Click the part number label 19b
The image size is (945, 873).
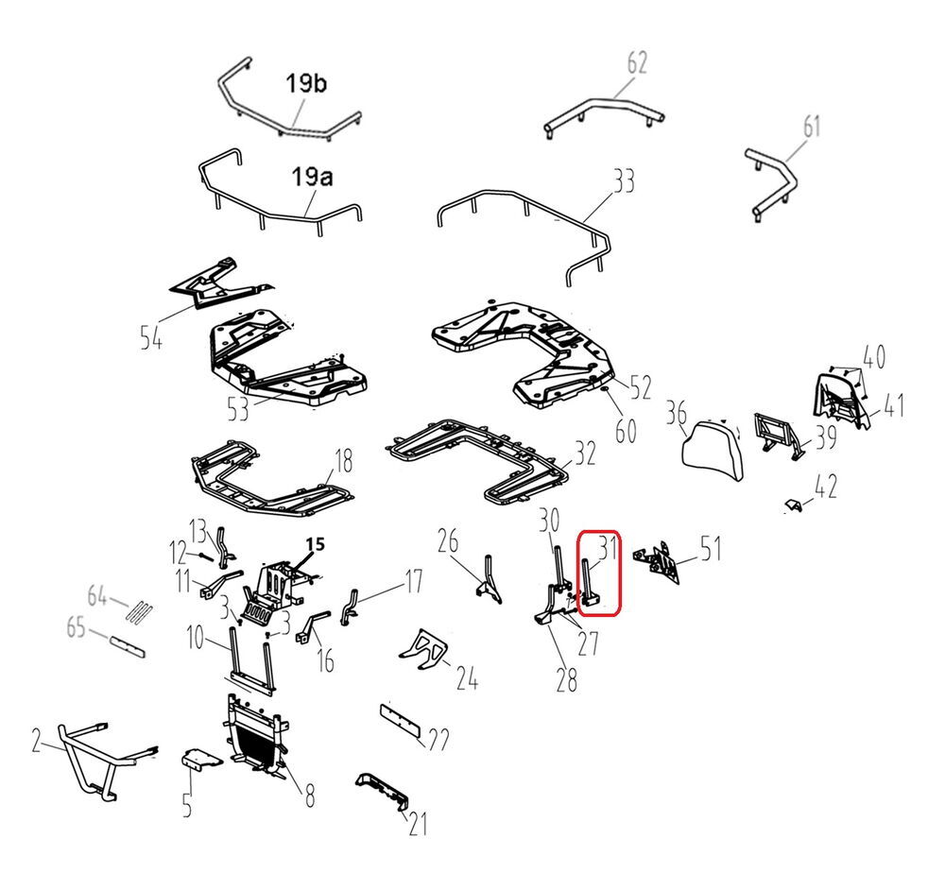pyautogui.click(x=307, y=85)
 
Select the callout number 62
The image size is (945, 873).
pyautogui.click(x=637, y=63)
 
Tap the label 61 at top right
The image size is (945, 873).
pyautogui.click(x=812, y=126)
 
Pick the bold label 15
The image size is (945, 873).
pyautogui.click(x=315, y=545)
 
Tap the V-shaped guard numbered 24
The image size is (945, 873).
pyautogui.click(x=425, y=651)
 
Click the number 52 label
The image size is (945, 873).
pyautogui.click(x=641, y=387)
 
